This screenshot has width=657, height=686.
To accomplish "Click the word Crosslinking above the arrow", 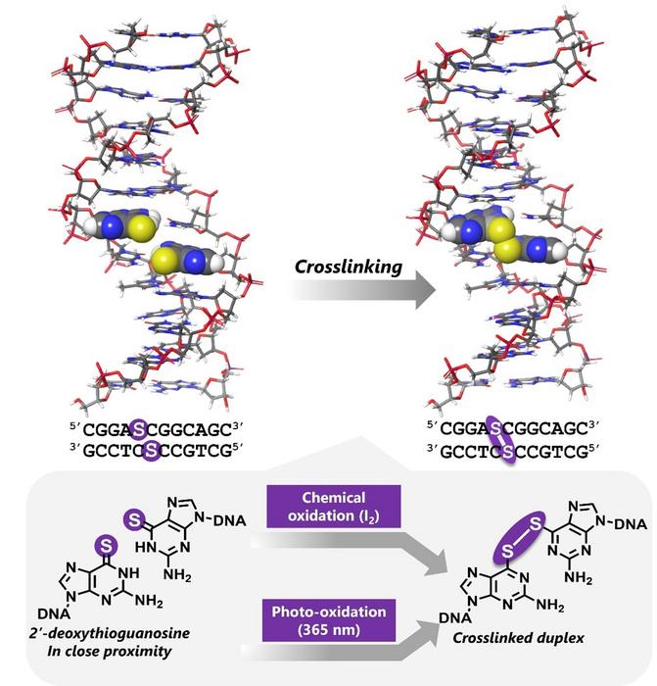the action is [349, 267].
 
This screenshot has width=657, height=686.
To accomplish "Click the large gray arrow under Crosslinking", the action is [363, 290].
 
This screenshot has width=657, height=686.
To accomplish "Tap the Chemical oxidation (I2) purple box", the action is [334, 507].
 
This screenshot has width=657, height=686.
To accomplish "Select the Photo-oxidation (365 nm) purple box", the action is [329, 620].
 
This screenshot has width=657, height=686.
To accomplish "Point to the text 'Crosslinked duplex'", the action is [518, 638].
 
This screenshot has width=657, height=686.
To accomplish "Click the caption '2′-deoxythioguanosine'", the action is [110, 633].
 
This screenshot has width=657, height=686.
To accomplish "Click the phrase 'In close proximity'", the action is [110, 652].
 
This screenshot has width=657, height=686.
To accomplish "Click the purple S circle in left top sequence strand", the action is [139, 429].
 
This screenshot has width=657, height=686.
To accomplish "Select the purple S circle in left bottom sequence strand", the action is [151, 450].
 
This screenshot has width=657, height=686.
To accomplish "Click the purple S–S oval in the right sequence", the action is [501, 440].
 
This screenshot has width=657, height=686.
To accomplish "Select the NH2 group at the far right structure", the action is [579, 577].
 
